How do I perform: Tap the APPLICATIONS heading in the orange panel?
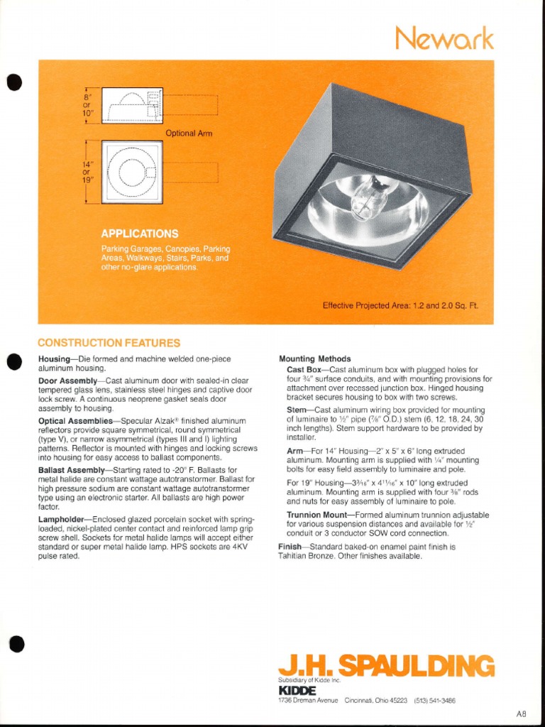coord(139,234)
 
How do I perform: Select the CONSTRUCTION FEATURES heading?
coord(109,343)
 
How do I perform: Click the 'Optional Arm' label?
coord(189,133)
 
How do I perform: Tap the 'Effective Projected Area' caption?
coord(401,305)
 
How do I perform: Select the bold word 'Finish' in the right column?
coord(290,547)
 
